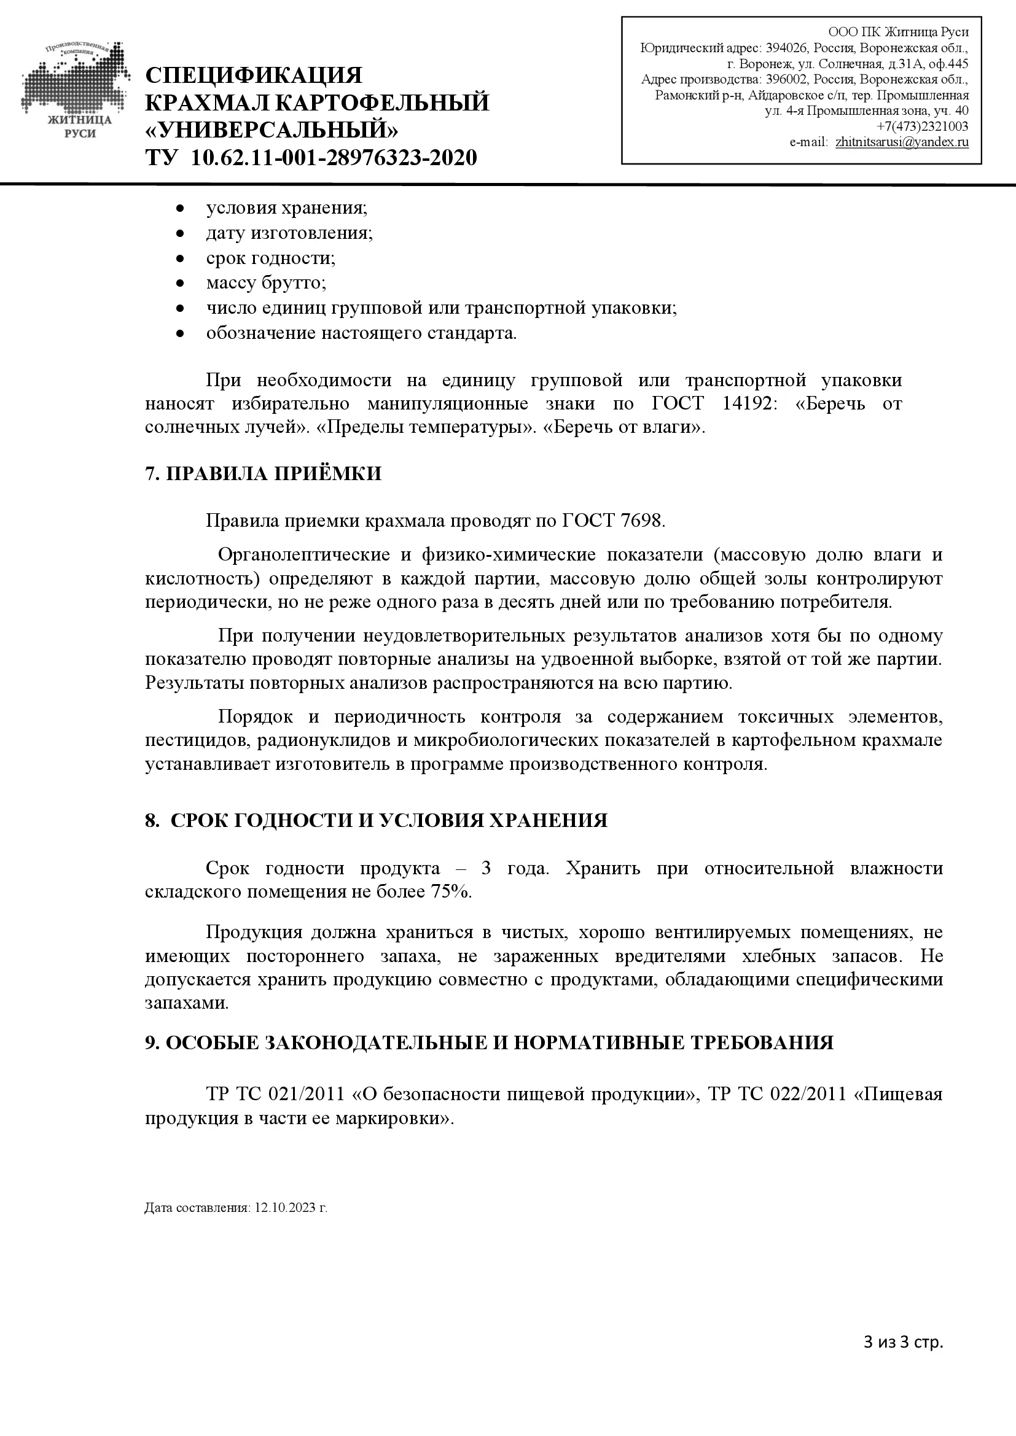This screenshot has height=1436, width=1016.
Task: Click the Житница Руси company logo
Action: pos(76,91)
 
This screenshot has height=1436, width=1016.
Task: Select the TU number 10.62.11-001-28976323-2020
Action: pos(334,158)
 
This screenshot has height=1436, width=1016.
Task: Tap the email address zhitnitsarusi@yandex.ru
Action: pos(902,142)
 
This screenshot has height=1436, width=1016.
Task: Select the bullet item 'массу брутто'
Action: pos(266,282)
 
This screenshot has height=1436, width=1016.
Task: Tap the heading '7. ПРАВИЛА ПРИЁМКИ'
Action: pos(263,473)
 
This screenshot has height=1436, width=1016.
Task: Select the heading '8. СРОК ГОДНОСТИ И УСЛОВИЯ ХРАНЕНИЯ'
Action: pos(376,821)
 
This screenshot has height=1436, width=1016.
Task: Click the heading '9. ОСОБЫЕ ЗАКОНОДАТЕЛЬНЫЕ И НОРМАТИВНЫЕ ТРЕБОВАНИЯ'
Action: pos(488,1042)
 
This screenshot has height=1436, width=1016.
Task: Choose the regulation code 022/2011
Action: pos(808,1094)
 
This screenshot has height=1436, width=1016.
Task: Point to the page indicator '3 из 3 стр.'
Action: pos(903,1342)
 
